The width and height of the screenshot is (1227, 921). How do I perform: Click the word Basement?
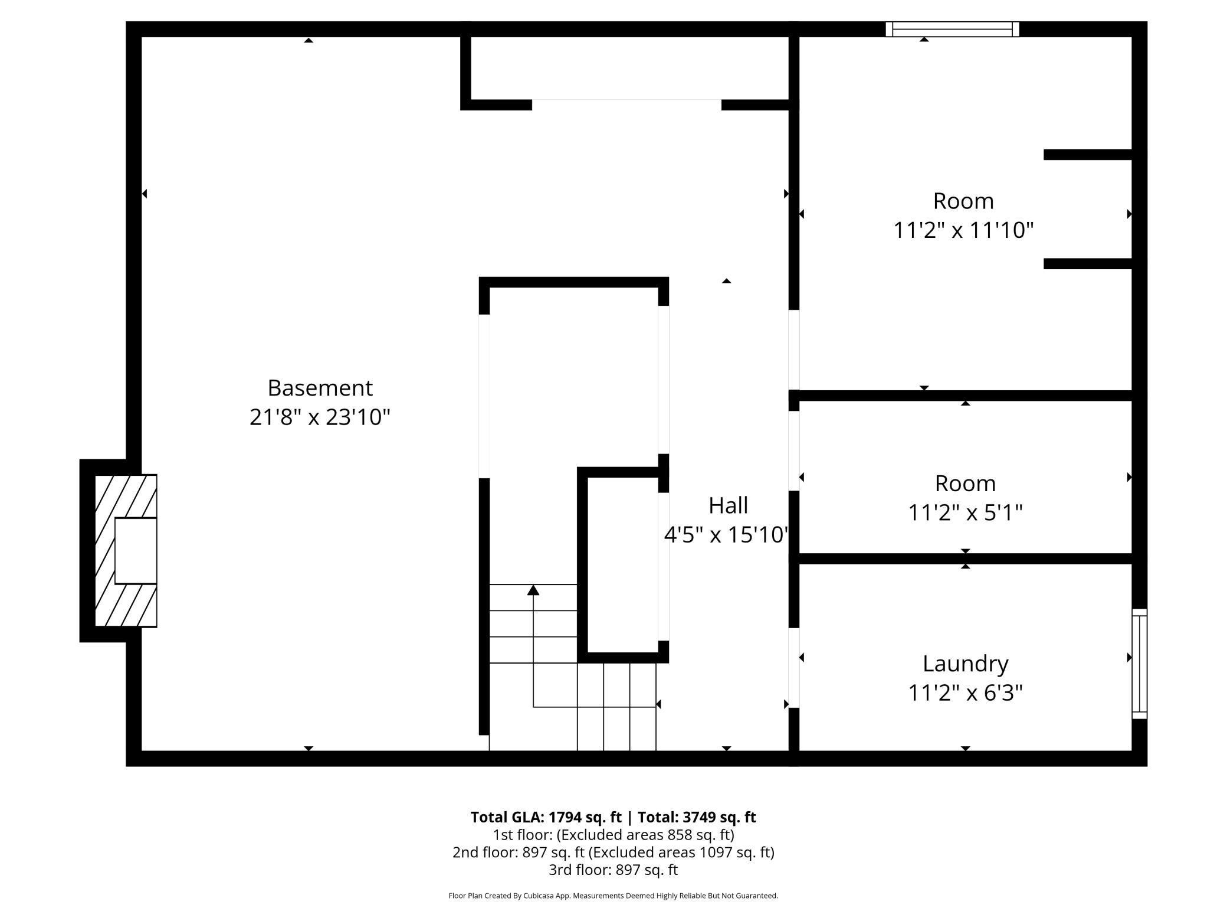click(320, 388)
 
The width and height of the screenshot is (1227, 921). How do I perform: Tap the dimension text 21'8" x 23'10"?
click(320, 417)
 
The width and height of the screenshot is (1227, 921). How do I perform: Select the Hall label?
click(728, 505)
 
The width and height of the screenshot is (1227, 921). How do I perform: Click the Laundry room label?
click(965, 664)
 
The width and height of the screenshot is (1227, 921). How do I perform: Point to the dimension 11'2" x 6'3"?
click(965, 693)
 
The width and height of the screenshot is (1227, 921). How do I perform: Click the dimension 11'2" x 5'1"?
click(965, 512)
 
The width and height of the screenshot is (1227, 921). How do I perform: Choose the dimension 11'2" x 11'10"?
click(963, 230)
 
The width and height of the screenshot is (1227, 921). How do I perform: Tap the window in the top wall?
click(952, 29)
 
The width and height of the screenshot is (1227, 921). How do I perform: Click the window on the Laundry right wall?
click(1139, 664)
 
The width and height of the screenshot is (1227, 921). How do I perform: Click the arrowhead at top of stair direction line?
click(533, 590)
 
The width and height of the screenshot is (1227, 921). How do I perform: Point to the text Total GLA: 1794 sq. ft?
click(546, 817)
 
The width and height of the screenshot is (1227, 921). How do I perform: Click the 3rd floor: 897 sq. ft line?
click(613, 870)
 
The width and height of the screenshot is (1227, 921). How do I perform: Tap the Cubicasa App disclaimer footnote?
click(613, 896)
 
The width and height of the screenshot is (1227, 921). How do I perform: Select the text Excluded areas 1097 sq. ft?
click(681, 852)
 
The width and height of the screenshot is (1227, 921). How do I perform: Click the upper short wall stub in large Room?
click(1087, 155)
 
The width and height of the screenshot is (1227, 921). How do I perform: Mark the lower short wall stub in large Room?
click(1087, 264)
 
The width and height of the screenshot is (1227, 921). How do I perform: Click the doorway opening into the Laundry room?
click(794, 668)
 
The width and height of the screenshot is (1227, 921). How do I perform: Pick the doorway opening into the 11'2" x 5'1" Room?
click(794, 450)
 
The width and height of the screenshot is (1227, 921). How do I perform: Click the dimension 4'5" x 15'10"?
click(726, 535)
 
